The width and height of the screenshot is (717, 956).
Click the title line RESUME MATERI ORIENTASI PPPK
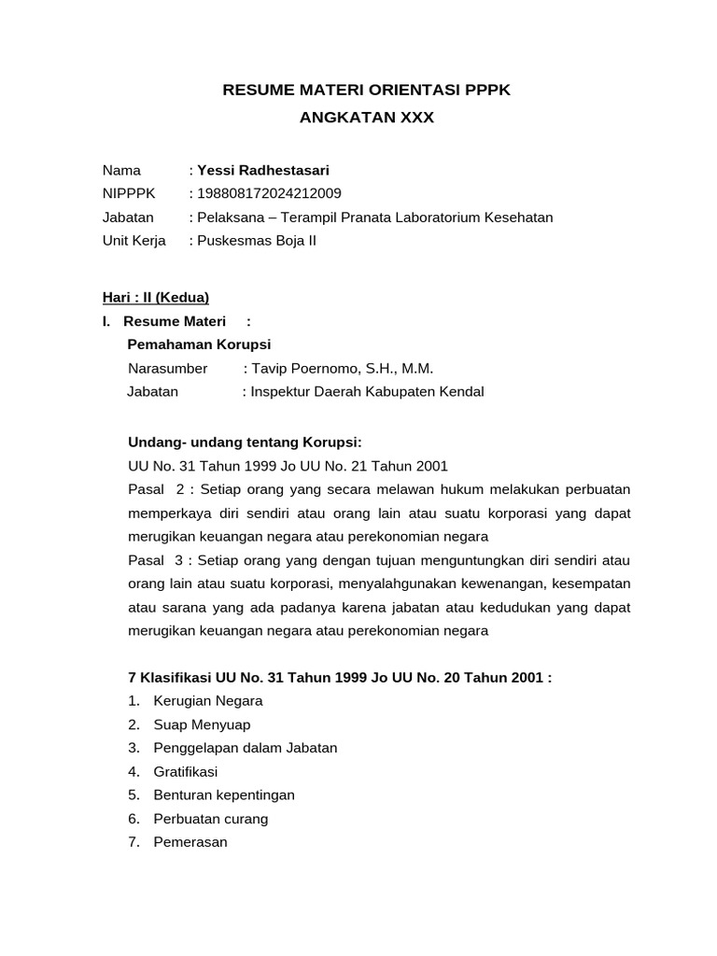[366, 91]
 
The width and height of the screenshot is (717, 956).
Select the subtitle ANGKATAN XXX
[366, 119]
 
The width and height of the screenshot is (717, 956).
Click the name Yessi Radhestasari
[262, 170]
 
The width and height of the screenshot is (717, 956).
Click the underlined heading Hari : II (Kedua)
[156, 298]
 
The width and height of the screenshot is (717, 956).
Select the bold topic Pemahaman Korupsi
[199, 344]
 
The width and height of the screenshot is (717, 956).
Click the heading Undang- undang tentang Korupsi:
[244, 441]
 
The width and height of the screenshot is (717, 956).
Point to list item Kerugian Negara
[208, 700]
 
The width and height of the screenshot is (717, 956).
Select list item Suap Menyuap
[202, 724]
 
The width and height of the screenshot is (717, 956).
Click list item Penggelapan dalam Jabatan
[246, 747]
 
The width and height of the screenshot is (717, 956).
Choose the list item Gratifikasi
[185, 771]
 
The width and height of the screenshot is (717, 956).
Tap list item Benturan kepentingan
[224, 794]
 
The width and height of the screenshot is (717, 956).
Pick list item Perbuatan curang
[211, 819]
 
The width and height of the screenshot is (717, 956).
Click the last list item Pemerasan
[190, 842]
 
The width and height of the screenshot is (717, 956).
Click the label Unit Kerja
[134, 240]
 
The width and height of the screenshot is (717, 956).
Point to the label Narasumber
[168, 368]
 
